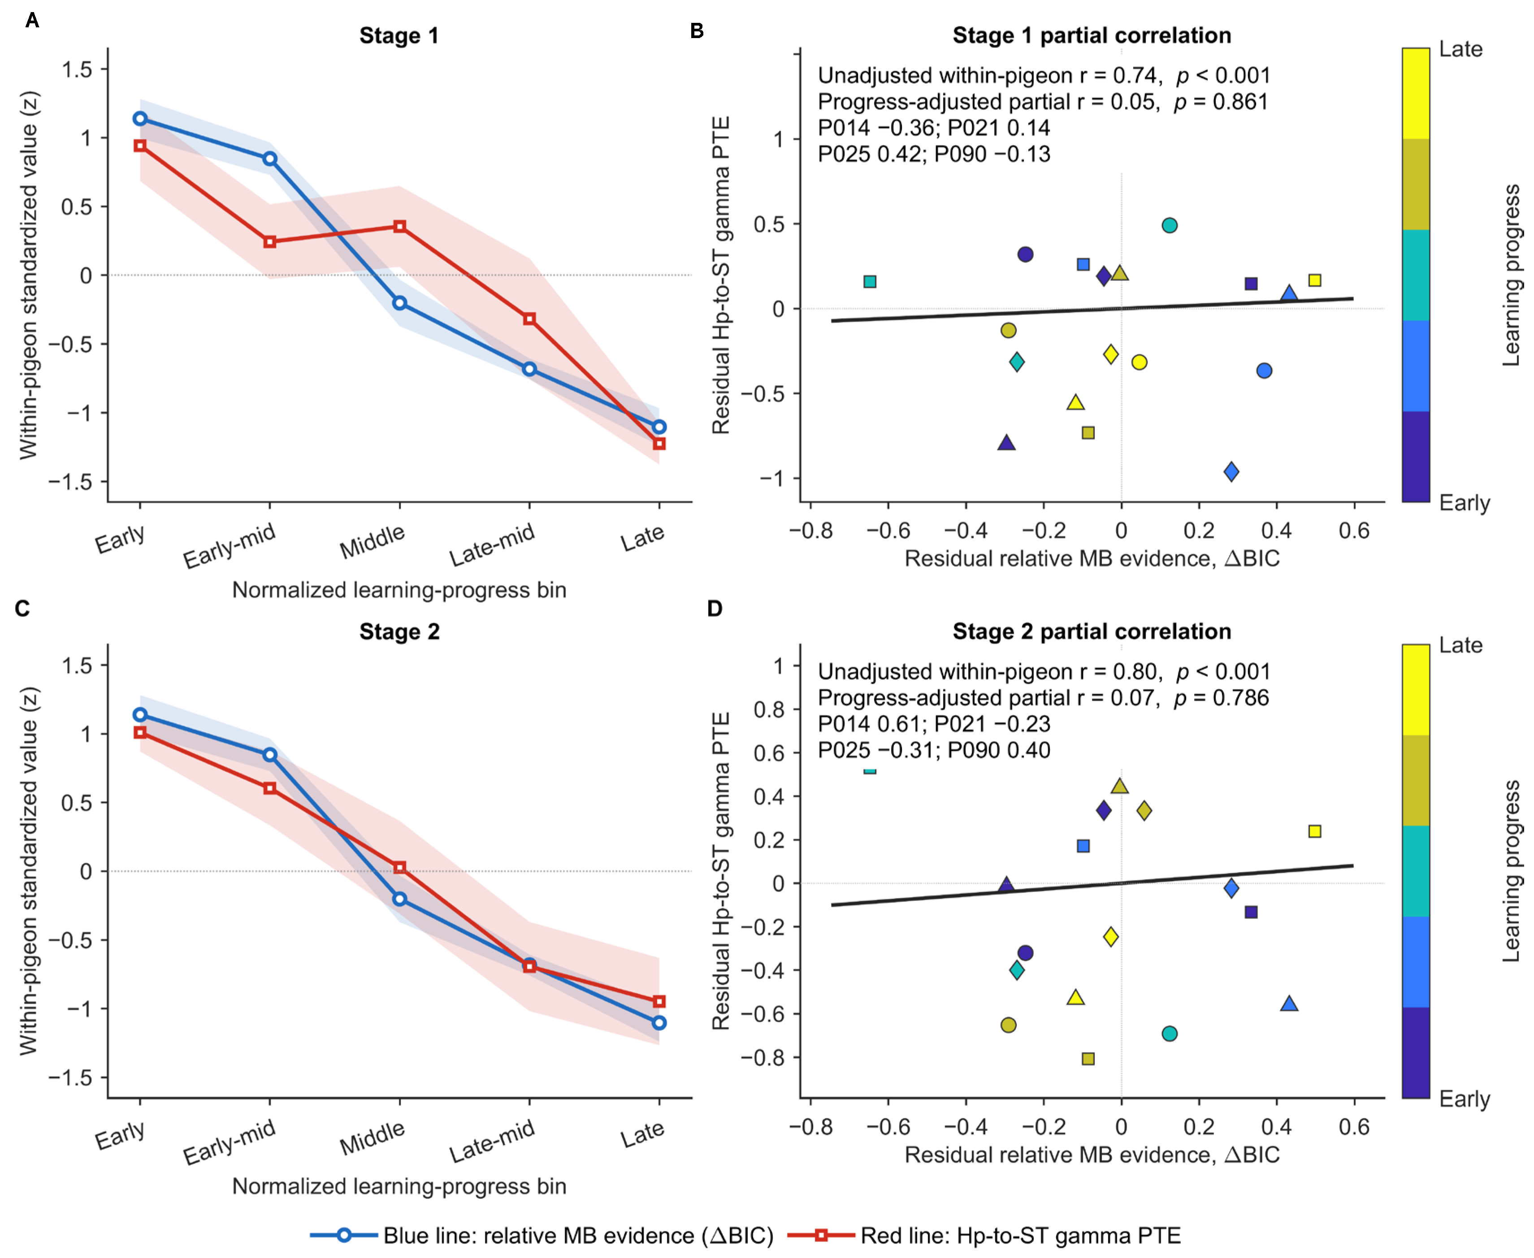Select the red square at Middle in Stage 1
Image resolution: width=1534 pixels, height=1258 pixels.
coord(399,227)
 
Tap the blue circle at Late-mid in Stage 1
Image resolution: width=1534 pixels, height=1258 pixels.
coord(529,369)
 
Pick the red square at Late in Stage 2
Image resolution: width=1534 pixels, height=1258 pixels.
coord(659,1001)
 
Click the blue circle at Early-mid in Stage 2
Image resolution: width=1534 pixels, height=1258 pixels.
coord(270,754)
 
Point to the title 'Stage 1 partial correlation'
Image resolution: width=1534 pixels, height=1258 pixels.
coord(1092,35)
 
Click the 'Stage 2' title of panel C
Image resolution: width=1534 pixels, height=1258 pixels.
coord(399,631)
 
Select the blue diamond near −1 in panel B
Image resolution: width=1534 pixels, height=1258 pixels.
coord(1231,472)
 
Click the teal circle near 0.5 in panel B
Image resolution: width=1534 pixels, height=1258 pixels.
coord(1170,225)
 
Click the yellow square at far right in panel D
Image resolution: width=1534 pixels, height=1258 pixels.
coord(1315,831)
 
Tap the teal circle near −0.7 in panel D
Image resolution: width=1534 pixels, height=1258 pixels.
coord(1170,1034)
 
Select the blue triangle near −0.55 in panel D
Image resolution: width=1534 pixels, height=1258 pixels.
coord(1289,1004)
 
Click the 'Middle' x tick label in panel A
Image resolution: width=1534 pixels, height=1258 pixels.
coord(372,541)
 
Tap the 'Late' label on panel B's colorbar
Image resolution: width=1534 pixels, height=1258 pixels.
coord(1461,49)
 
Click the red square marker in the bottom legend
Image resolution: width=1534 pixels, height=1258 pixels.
coord(821,1235)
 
